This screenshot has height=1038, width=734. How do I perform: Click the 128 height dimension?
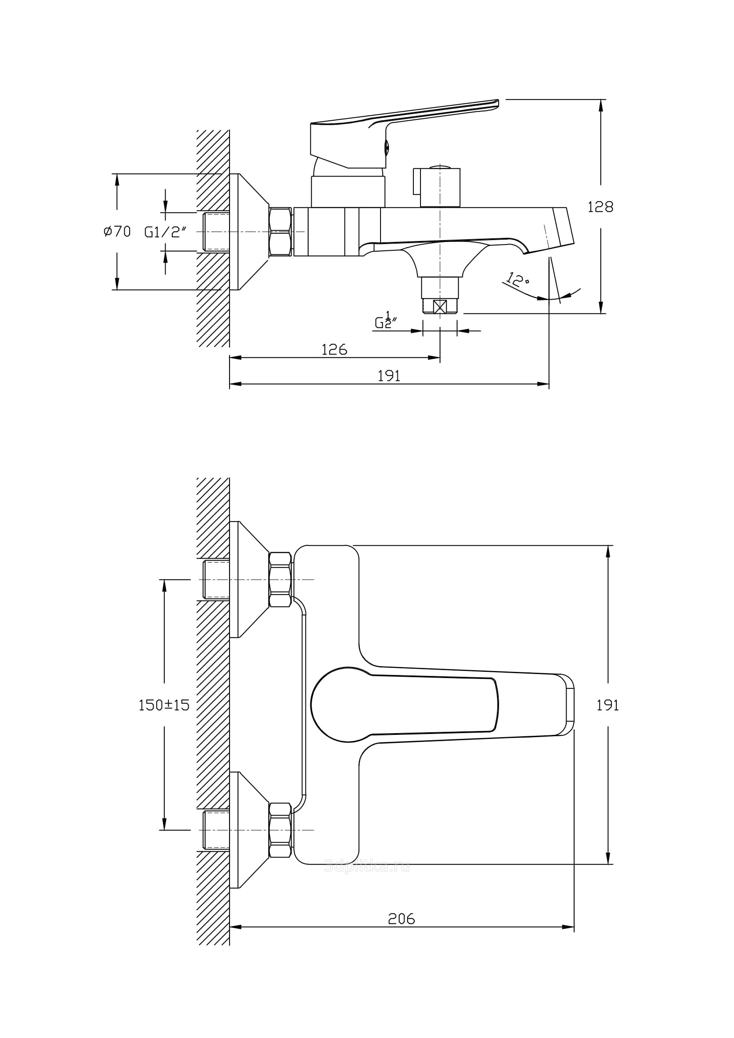pos(600,207)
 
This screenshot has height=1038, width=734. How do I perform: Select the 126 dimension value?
pos(334,349)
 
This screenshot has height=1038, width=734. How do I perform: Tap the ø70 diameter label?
pos(117,232)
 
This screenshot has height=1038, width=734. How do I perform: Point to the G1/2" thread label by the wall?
pos(165,232)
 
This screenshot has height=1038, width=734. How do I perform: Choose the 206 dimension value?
pos(401,919)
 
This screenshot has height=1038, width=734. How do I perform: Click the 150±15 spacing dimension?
pos(164,705)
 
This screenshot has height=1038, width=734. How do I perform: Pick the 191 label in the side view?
pos(389,376)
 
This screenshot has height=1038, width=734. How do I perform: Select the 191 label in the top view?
pos(607,705)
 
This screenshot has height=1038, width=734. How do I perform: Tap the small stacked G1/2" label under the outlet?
pos(385,320)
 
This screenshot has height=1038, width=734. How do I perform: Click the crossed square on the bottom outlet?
pos(440,307)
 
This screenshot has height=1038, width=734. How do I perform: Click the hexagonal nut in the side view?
pos(280,232)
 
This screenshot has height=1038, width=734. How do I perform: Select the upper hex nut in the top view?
pos(280,580)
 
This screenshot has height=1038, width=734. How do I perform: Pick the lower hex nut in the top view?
pos(280,830)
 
